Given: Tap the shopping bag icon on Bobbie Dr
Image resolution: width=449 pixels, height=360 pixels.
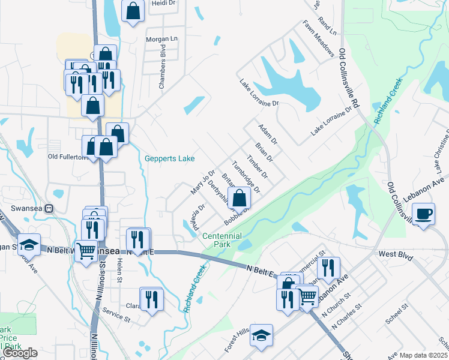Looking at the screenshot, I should pyautogui.click(x=240, y=198).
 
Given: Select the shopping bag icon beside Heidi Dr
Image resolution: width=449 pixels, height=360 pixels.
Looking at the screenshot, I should pyautogui.click(x=133, y=11).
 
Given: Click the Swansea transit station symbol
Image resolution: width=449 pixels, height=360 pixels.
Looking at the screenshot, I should pyautogui.click(x=50, y=209).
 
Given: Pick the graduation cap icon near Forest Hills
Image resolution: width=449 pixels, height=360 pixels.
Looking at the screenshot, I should pyautogui.click(x=262, y=335).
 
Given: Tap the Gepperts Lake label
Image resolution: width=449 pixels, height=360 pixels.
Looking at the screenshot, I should pyautogui.click(x=169, y=159).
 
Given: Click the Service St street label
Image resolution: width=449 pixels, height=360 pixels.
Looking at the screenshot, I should pyautogui.click(x=116, y=316).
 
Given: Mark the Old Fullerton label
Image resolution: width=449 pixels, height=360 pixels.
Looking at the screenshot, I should pyautogui.click(x=65, y=157).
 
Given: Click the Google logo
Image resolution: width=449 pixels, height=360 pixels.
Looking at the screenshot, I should pyautogui.click(x=20, y=353).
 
